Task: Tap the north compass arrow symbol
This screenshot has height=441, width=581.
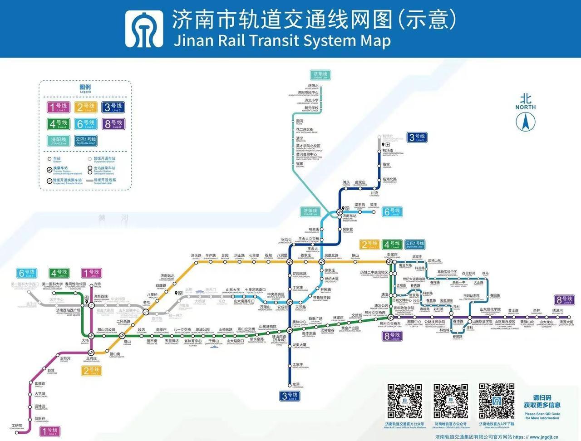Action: [x=525, y=121]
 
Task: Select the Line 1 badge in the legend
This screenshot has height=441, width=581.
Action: [x=58, y=107]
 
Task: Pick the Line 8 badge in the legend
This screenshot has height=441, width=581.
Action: [x=113, y=123]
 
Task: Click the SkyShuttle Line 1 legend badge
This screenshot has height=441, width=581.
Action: [x=86, y=140]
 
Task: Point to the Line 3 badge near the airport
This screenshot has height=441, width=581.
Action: [x=417, y=137]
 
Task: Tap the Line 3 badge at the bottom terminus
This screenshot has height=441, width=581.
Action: [x=290, y=396]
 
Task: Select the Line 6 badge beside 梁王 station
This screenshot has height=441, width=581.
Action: [x=392, y=211]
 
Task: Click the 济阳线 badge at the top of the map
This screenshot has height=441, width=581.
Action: [x=320, y=75]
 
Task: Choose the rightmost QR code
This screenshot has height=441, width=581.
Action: [x=497, y=402]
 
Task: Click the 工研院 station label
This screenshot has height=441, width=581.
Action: [x=17, y=426]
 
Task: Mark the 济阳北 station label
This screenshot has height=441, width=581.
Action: [x=313, y=86]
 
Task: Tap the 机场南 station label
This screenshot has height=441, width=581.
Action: [x=388, y=151]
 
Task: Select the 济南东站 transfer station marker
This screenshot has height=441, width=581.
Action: [x=340, y=211]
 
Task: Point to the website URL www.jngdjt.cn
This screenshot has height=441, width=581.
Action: [x=544, y=437]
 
